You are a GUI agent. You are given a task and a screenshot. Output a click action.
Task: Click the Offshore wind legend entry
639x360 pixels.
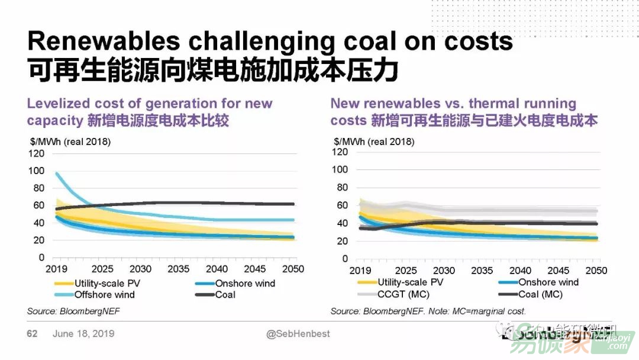tap(104, 294)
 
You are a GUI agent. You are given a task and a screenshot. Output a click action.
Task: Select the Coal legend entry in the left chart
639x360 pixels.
tap(225, 294)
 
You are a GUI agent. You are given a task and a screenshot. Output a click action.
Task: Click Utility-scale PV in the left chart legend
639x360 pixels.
tap(106, 283)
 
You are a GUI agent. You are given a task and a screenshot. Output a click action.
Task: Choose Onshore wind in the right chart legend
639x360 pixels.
tap(548, 282)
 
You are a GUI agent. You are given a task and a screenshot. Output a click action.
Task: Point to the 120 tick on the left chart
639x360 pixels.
tap(36, 153)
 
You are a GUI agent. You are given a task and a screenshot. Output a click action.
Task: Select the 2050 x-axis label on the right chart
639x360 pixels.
tap(596, 271)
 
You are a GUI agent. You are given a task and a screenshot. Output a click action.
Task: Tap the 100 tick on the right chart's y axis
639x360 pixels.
tap(339, 169)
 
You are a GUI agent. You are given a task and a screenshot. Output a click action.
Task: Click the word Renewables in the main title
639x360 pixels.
tap(104, 41)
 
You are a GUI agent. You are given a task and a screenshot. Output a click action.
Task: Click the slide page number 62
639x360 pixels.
tap(32, 334)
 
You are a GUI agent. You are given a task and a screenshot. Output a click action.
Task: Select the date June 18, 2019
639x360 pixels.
tap(83, 334)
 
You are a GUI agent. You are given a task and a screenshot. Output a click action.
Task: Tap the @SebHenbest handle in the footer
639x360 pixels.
tap(298, 334)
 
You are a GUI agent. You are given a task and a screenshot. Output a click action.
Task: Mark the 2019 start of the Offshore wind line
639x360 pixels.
tap(57, 173)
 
